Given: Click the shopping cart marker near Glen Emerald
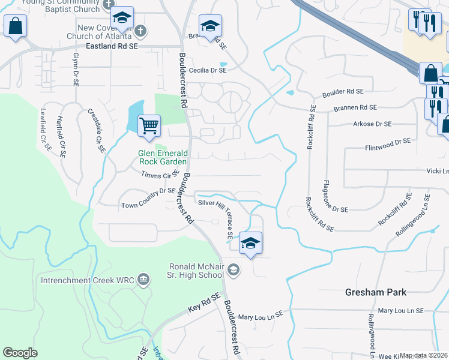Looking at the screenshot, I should pyautogui.click(x=149, y=126).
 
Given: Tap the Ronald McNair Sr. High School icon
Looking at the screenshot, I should pyautogui.click(x=234, y=271).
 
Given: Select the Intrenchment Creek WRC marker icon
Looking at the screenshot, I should pyautogui.click(x=143, y=278).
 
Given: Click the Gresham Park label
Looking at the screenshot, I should pyautogui.click(x=376, y=292).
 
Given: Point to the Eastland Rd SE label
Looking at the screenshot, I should pyautogui.click(x=112, y=46).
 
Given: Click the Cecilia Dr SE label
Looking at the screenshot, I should pyautogui.click(x=208, y=70).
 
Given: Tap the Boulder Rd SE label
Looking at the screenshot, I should pyautogui.click(x=343, y=92).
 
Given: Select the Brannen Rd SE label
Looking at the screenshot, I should pyautogui.click(x=355, y=107).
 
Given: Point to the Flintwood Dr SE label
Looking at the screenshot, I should pyautogui.click(x=388, y=143).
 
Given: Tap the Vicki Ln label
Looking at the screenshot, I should pyautogui.click(x=438, y=170).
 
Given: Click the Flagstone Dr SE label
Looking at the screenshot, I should pyautogui.click(x=336, y=196).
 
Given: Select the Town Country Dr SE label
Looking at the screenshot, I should pyautogui.click(x=148, y=199).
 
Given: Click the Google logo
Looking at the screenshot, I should pyautogui.click(x=20, y=352).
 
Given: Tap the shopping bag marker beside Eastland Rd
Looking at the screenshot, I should pyautogui.click(x=15, y=26).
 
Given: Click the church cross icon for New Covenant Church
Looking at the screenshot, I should pyautogui.click(x=139, y=29).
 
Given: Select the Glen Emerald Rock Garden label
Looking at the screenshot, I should pyautogui.click(x=163, y=157).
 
